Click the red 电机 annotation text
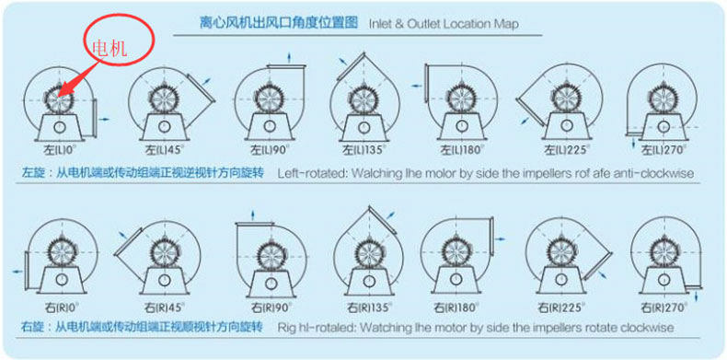[x=110, y=48]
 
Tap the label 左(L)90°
[x=269, y=150]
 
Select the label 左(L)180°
[x=461, y=150]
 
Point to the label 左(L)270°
[x=663, y=150]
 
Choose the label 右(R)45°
[x=164, y=308]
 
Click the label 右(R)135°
[x=370, y=308]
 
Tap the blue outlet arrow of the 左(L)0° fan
[x=105, y=119]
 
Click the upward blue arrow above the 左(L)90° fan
[x=289, y=57]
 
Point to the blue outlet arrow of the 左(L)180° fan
[x=417, y=86]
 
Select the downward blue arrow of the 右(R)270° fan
[x=696, y=296]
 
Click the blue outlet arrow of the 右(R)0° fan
[x=17, y=272]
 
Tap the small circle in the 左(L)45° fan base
[x=164, y=126]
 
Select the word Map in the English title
[x=509, y=24]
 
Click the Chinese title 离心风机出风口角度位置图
[x=279, y=22]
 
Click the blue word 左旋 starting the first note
[x=29, y=173]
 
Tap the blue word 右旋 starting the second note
[x=29, y=327]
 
